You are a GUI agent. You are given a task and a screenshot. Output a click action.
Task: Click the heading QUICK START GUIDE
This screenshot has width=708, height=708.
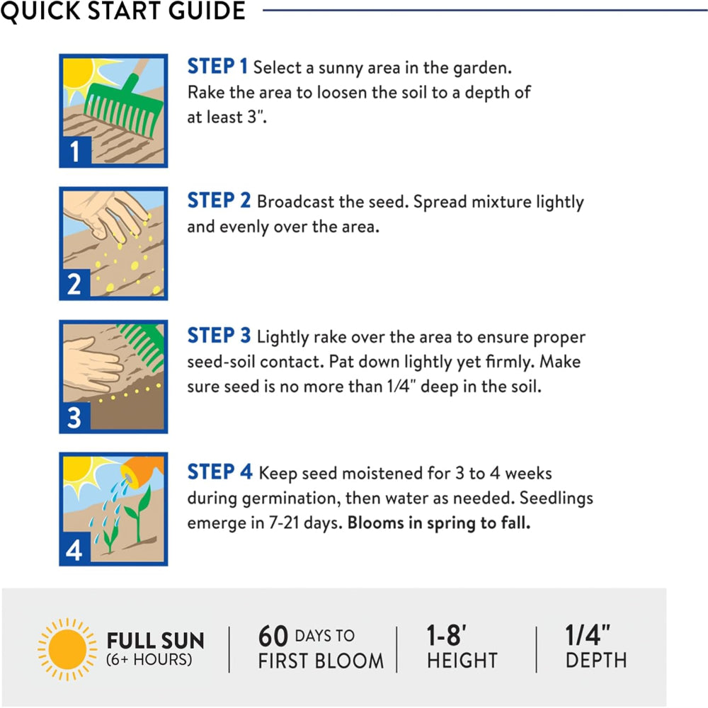122,10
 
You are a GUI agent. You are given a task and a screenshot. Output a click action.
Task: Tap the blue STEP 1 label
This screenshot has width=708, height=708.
217,67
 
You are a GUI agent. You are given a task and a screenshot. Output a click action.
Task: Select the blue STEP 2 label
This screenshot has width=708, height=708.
219,200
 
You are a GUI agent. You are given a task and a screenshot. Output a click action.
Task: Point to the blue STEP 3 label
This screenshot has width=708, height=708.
219,336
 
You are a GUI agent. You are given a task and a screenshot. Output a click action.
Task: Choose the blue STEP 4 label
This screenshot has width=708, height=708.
220,472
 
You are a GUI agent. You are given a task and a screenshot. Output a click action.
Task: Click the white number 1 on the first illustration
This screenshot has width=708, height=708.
74,152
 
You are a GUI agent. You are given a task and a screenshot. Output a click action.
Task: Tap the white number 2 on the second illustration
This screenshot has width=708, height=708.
74,284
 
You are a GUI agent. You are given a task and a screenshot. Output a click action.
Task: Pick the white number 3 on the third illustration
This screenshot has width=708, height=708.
74,417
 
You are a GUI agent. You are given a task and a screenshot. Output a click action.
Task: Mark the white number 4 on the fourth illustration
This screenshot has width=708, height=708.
74,550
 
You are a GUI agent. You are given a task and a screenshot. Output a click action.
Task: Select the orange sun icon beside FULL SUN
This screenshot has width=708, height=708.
67,649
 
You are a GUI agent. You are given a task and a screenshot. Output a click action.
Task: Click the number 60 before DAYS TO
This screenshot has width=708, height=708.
273,636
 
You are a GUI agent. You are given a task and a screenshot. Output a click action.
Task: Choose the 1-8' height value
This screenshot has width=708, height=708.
447,635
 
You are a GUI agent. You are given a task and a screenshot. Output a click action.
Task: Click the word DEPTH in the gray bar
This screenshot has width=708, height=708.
596,661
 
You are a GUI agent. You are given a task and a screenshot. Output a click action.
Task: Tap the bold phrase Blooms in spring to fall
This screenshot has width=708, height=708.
439,523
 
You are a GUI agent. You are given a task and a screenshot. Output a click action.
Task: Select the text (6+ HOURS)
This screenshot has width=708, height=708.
149,660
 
